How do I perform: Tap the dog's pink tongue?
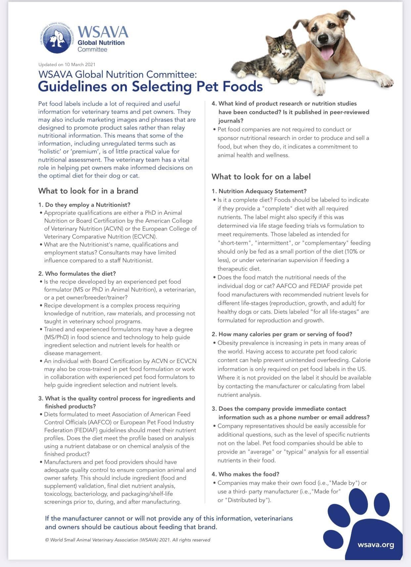(327, 53)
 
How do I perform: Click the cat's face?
(281, 46)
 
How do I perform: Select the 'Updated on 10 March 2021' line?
(67, 65)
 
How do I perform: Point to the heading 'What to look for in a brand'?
(88, 191)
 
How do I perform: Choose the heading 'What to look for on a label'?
(261, 177)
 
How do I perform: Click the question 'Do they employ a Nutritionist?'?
(87, 205)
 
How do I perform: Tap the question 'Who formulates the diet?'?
(80, 274)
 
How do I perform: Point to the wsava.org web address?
(376, 545)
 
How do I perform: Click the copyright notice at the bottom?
(127, 540)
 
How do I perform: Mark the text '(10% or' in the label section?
(353, 252)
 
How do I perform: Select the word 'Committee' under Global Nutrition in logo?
(92, 50)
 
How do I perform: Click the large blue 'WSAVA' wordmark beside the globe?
(103, 32)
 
